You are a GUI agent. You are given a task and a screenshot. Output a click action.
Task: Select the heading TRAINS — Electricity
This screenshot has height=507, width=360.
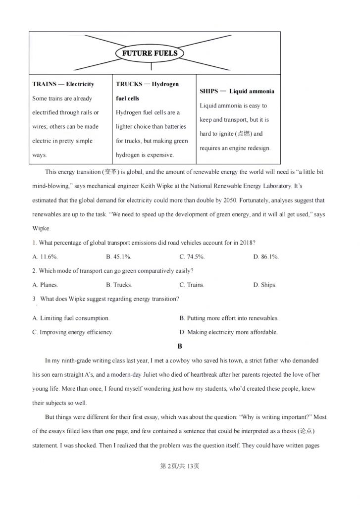tap(63, 84)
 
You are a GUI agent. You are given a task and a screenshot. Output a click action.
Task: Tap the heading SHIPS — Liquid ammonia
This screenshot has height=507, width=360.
tap(237, 91)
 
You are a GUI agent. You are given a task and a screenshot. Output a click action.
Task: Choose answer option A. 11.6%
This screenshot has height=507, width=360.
tap(45, 257)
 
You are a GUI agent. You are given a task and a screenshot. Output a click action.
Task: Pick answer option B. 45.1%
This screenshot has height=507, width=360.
tap(118, 257)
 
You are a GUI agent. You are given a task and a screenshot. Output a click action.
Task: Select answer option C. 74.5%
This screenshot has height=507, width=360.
tap(192, 257)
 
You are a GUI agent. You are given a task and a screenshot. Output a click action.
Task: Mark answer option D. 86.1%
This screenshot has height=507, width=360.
tap(266, 257)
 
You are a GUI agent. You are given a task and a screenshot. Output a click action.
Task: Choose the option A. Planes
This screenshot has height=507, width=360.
tap(45, 285)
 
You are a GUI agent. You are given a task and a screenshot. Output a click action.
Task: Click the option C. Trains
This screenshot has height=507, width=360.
tap(192, 285)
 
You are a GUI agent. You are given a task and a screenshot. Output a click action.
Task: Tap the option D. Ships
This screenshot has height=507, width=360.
tap(265, 285)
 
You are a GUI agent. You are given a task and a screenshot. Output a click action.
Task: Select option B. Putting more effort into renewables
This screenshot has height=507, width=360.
tap(229, 318)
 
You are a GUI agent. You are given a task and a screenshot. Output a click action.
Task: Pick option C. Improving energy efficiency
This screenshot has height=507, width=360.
tap(73, 332)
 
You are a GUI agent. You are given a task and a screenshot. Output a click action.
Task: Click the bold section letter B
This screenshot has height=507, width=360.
tap(180, 346)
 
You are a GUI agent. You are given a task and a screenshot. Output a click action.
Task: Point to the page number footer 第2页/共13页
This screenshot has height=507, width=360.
tap(180, 466)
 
